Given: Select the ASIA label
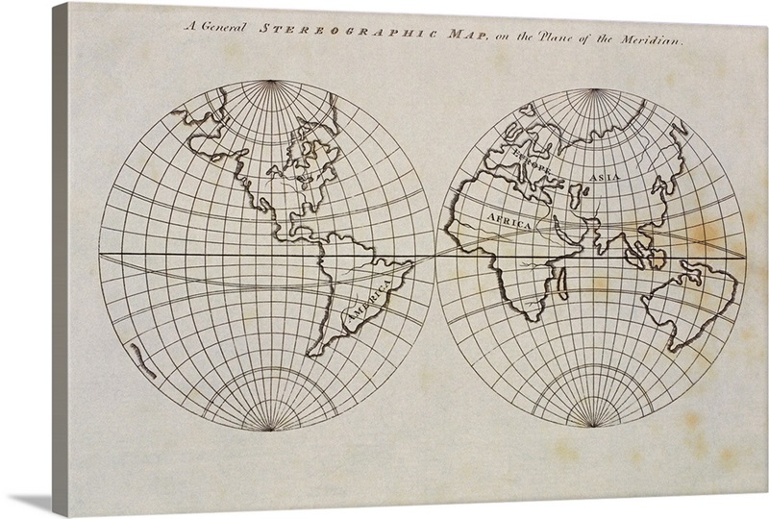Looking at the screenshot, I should click(x=605, y=178).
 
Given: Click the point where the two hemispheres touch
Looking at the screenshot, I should click(x=434, y=256).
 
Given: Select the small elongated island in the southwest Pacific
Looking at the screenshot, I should click(x=143, y=361).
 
